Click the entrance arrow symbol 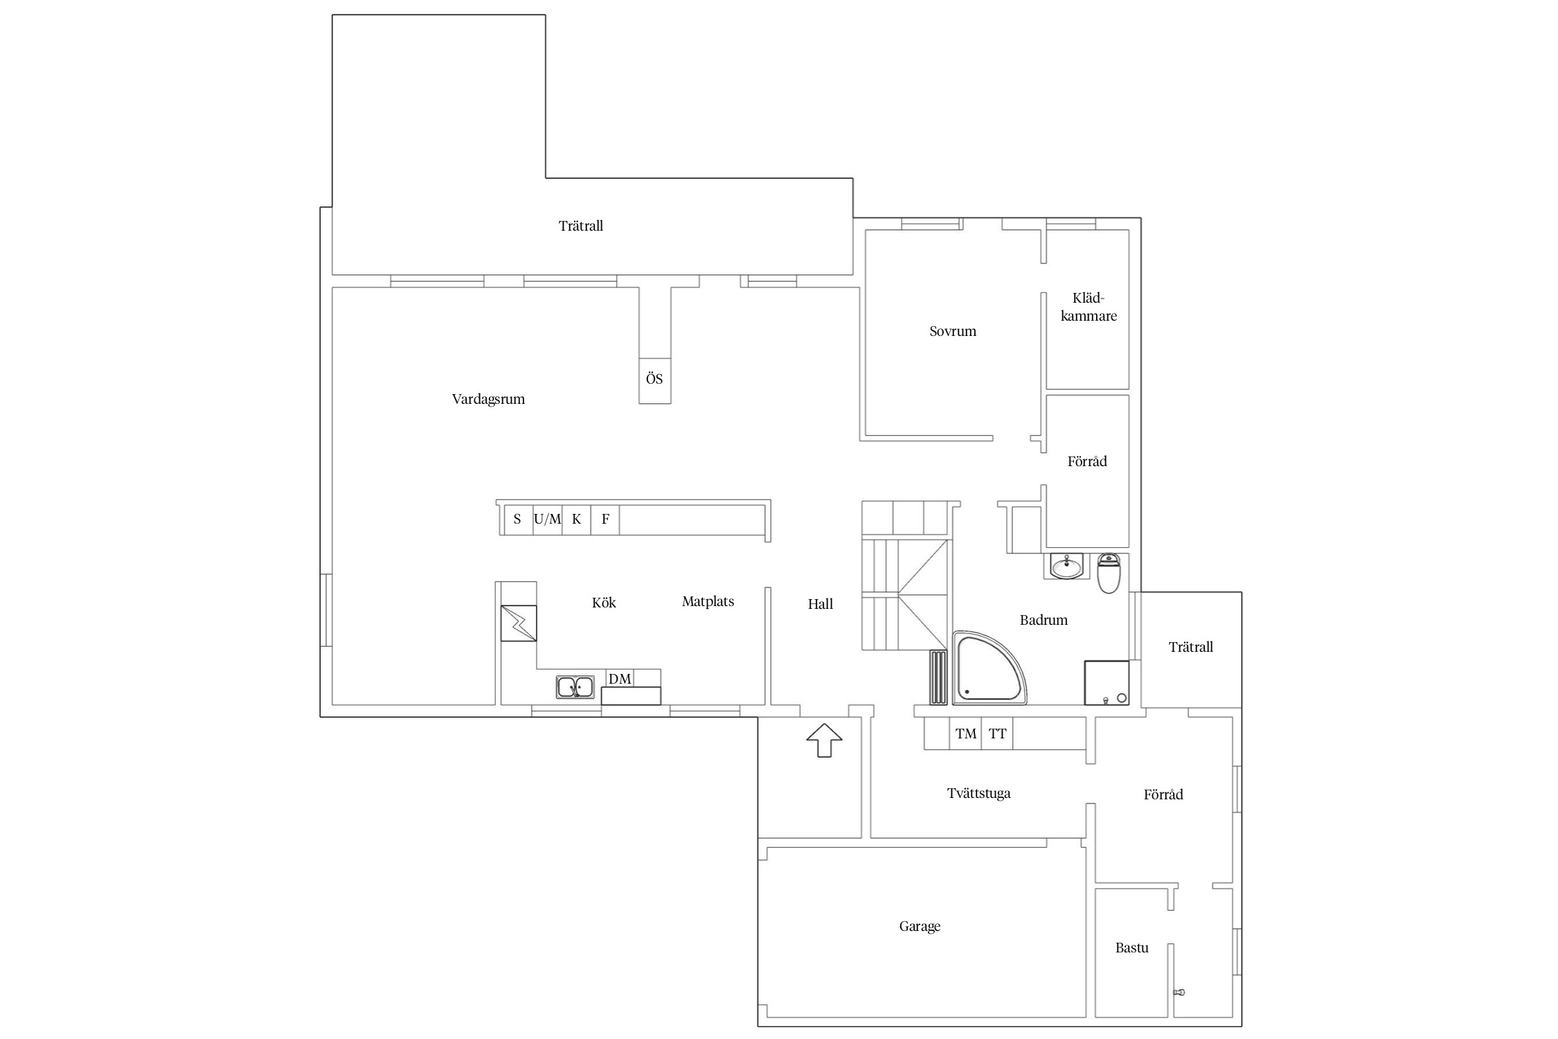[x=824, y=740]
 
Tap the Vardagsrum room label [x=488, y=399]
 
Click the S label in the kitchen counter [x=517, y=519]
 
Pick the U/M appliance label [x=547, y=519]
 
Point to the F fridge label [x=605, y=519]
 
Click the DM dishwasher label [x=620, y=679]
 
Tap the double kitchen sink [x=575, y=686]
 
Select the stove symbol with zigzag [x=518, y=623]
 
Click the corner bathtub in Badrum [x=989, y=668]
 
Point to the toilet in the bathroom [x=1109, y=574]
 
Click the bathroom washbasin [x=1065, y=566]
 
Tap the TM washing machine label [x=966, y=734]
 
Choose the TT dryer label [x=997, y=734]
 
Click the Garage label [x=920, y=926]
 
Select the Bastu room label [x=1131, y=948]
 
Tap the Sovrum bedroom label [x=953, y=331]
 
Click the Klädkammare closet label [x=1089, y=307]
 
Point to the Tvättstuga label [x=978, y=793]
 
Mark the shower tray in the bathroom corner [x=1107, y=683]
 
